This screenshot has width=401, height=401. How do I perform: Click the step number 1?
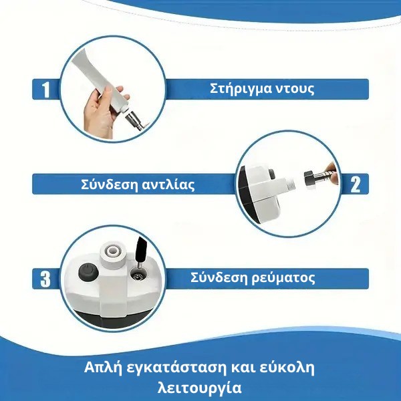point(45,90)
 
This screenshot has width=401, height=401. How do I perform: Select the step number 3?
point(45,279)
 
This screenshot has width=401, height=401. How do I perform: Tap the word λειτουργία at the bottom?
point(200,387)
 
